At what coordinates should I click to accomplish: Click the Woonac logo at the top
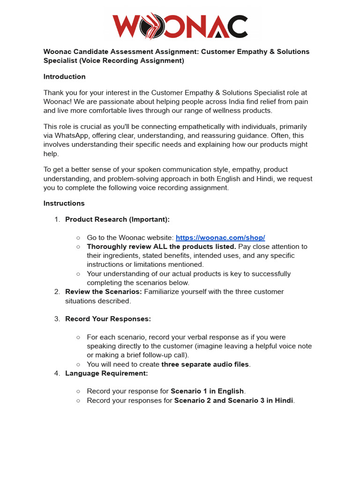pos(180,26)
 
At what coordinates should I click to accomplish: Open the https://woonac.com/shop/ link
pos(220,238)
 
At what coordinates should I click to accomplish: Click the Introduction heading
pos(64,76)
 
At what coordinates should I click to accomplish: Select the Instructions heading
pos(64,203)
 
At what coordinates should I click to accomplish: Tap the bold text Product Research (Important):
pos(117,219)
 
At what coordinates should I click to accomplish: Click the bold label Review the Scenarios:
pos(103,292)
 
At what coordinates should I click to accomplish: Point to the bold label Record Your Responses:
pos(108,319)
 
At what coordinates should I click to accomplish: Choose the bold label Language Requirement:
pos(106,373)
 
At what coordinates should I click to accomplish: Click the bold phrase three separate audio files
pos(205,364)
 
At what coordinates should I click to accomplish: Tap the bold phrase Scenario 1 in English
pos(207,391)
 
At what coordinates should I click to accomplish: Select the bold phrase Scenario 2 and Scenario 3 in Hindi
pos(233,400)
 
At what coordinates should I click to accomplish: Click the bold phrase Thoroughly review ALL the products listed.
pos(161,247)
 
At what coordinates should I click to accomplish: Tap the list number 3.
pos(57,319)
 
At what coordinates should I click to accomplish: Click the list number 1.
pos(57,219)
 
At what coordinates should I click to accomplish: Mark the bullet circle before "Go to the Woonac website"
pos(78,238)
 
